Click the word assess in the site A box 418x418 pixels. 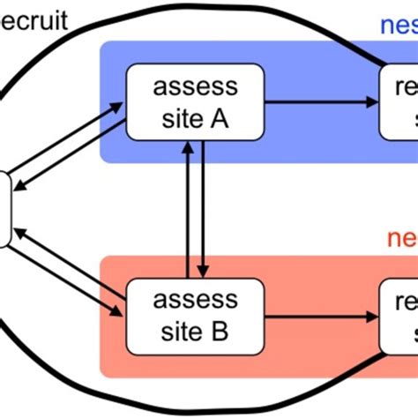pyautogui.click(x=195, y=88)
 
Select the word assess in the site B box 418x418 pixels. pyautogui.click(x=195, y=302)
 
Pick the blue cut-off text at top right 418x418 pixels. pyautogui.click(x=398, y=23)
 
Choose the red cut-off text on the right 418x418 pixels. pyautogui.click(x=402, y=238)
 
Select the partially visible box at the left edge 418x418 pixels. pyautogui.click(x=4, y=208)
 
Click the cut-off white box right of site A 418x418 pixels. pyautogui.click(x=399, y=101)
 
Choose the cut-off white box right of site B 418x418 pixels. pyautogui.click(x=399, y=316)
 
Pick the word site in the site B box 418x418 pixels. pyautogui.click(x=177, y=332)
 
